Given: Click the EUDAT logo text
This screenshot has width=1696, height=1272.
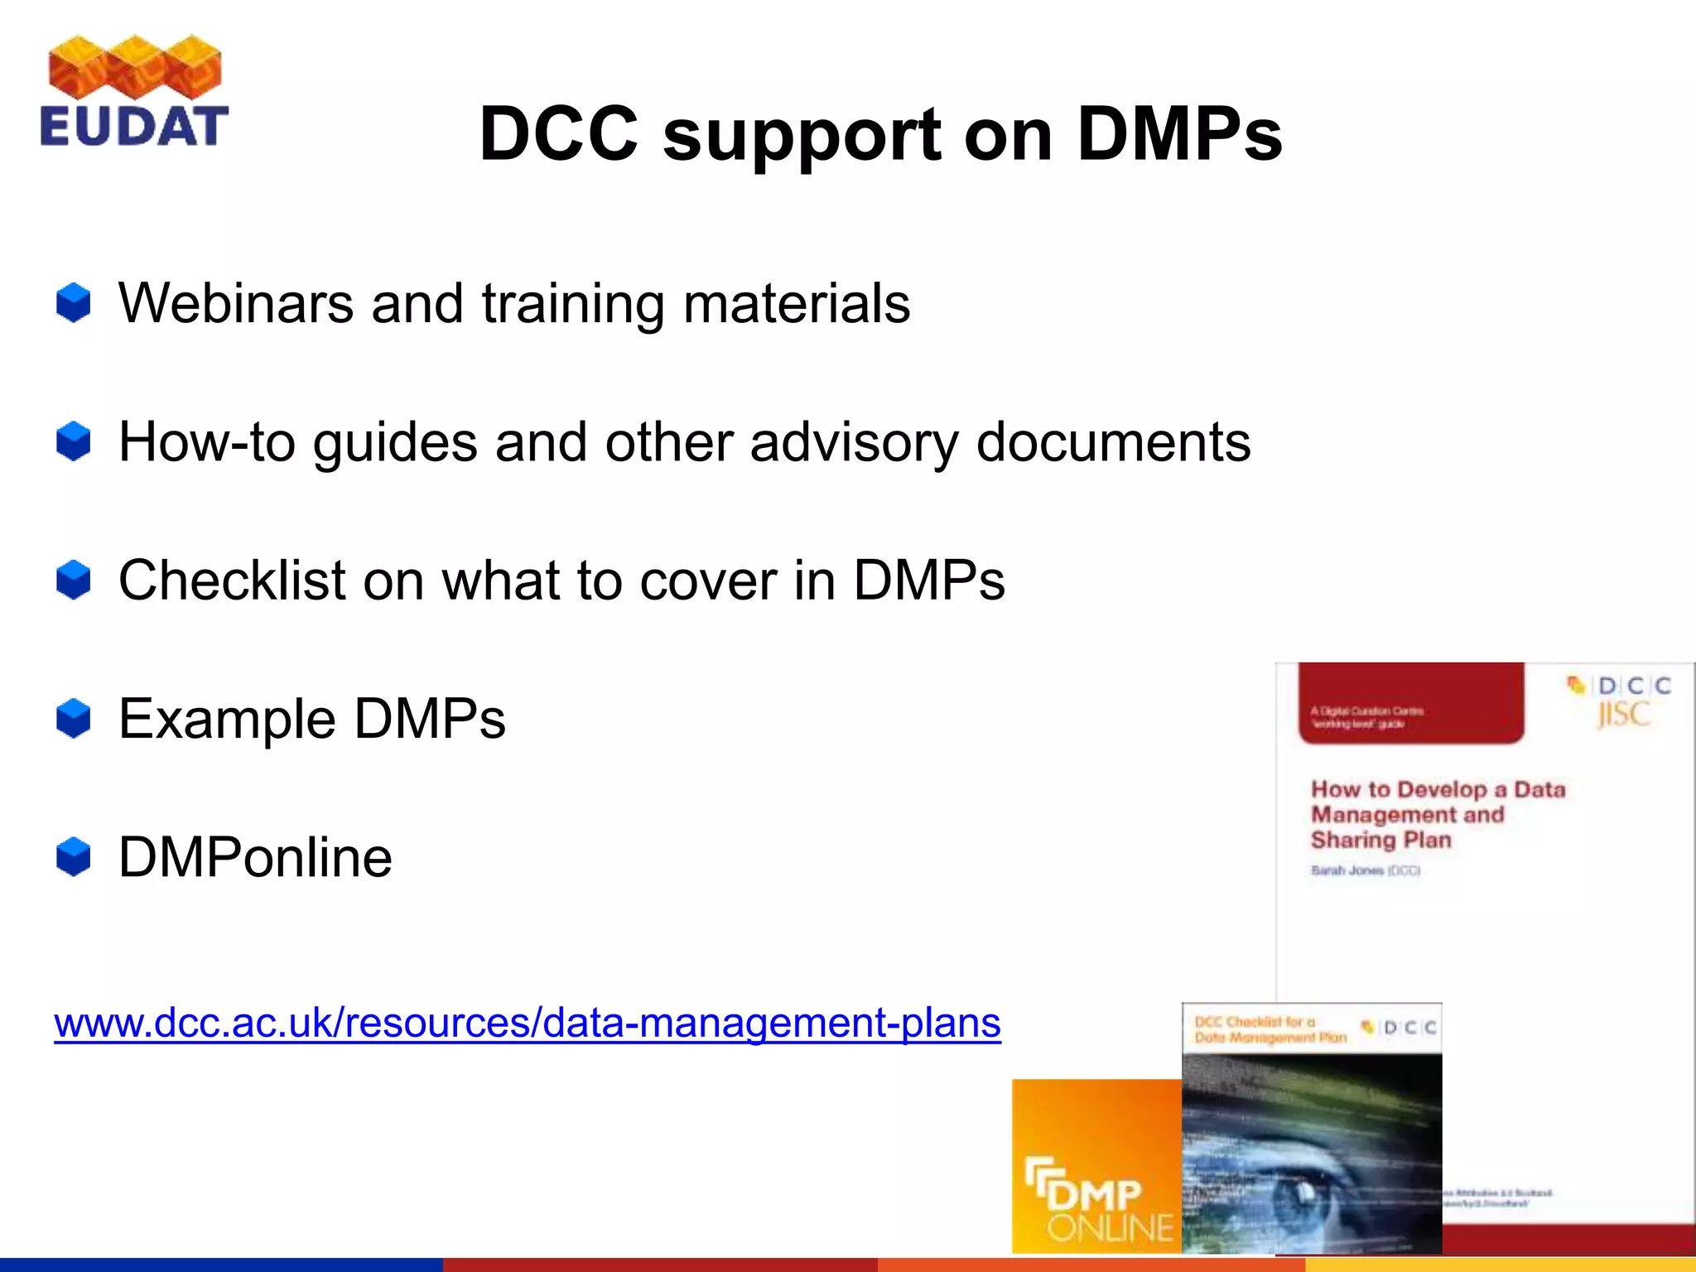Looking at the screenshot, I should click(133, 127).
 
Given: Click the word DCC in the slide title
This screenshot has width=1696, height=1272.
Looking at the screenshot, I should click(559, 134).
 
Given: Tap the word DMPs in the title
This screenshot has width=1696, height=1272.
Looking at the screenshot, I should click(1179, 134).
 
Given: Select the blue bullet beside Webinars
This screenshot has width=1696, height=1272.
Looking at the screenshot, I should click(74, 302).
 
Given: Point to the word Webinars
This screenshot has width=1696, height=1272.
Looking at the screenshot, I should click(236, 303).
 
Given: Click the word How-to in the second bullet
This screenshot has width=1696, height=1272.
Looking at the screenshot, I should click(207, 441).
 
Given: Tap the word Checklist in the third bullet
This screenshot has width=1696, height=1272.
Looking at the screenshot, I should click(232, 580).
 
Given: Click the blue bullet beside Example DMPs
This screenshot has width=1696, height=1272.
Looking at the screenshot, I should click(74, 718).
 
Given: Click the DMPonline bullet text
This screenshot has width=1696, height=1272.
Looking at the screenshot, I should click(255, 857).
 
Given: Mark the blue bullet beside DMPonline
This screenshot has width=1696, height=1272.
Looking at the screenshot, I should click(74, 856).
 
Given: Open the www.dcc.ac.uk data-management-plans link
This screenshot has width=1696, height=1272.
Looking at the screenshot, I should click(528, 1023).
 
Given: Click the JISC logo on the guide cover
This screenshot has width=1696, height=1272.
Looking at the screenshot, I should click(1623, 714).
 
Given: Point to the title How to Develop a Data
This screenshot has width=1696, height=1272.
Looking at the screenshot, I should click(1438, 789).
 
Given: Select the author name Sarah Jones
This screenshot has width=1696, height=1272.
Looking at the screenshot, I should click(1347, 870).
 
